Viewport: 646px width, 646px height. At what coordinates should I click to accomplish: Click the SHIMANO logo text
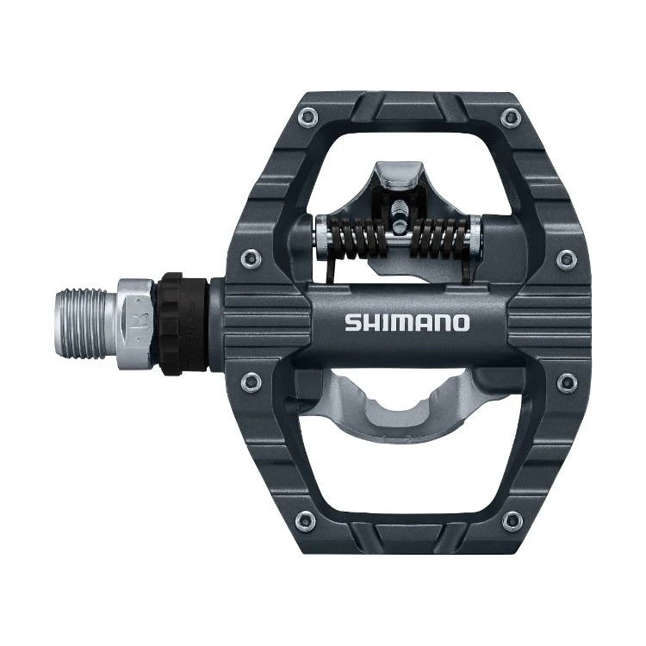tap(407, 323)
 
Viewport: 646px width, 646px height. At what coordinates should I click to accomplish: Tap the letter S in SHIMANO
tap(352, 323)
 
